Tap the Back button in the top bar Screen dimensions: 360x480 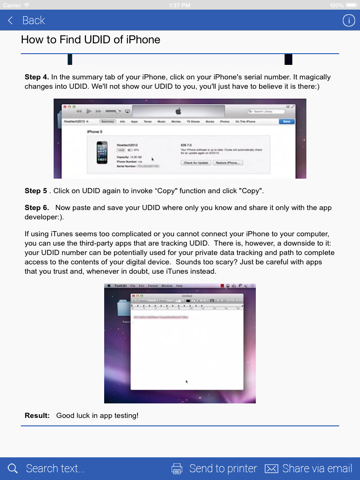pyautogui.click(x=28, y=20)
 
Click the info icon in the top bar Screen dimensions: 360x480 pyautogui.click(x=348, y=20)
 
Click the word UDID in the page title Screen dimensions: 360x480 pyautogui.click(x=105, y=41)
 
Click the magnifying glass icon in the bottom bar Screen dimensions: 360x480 pyautogui.click(x=12, y=468)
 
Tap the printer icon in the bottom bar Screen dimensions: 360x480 pyautogui.click(x=177, y=468)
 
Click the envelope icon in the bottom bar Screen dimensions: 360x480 pyautogui.click(x=271, y=468)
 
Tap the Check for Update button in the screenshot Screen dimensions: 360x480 pyautogui.click(x=197, y=162)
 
